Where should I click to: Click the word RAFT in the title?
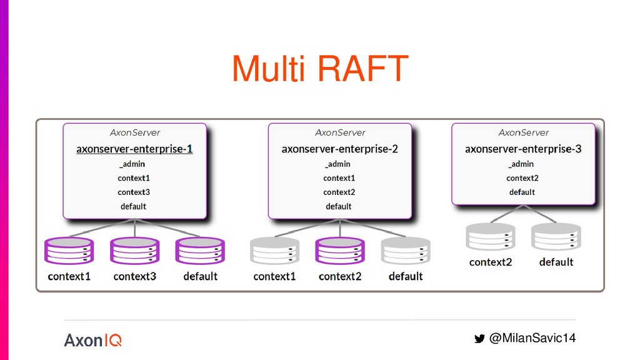point(363,68)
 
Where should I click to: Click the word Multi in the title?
point(269,68)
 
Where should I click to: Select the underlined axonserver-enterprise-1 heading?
point(134,149)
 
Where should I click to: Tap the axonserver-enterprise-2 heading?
point(339,149)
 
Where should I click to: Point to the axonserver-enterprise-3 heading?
point(523,149)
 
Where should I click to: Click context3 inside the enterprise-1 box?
point(134,192)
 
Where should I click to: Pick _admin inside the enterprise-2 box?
point(337,164)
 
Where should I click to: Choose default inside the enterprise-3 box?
point(522,192)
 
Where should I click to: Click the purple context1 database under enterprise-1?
point(69,251)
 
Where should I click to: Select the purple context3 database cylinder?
point(135,251)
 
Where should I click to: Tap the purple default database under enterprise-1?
point(200,251)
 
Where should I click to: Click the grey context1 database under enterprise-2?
point(275,251)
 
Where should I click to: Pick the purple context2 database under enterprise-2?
point(340,251)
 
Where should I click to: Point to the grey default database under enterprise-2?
point(406,251)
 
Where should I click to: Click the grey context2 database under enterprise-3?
point(491,237)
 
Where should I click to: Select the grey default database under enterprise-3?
point(556,237)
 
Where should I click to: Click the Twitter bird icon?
point(479,338)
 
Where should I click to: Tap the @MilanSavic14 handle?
point(532,338)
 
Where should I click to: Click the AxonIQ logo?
point(92,340)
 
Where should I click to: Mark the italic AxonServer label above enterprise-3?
point(523,132)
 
